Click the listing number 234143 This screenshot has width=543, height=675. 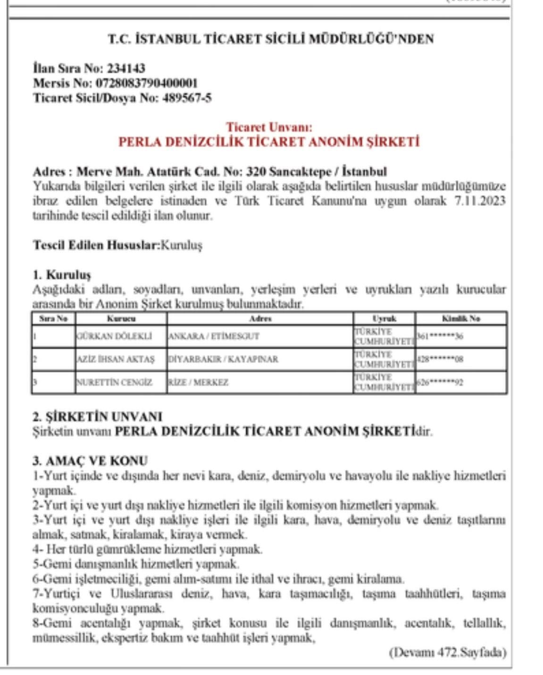pyautogui.click(x=126, y=68)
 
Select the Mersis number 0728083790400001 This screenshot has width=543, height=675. pyautogui.click(x=147, y=83)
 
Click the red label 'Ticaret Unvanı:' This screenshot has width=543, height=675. pyautogui.click(x=269, y=127)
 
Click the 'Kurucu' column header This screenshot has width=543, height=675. pyautogui.click(x=121, y=318)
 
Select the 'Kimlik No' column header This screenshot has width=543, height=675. pyautogui.click(x=461, y=318)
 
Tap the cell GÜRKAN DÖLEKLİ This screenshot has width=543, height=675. pyautogui.click(x=115, y=336)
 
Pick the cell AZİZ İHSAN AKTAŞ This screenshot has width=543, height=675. pyautogui.click(x=116, y=359)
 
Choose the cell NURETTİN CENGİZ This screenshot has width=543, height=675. pyautogui.click(x=115, y=382)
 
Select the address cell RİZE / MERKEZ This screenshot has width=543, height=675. pyautogui.click(x=198, y=382)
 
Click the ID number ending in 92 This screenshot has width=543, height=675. pyautogui.click(x=440, y=382)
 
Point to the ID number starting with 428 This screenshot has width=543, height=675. pyautogui.click(x=440, y=359)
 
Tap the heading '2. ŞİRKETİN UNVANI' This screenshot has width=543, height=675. pyautogui.click(x=97, y=417)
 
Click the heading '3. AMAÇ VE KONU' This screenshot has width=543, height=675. pyautogui.click(x=90, y=460)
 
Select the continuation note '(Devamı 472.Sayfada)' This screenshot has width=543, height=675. pyautogui.click(x=447, y=652)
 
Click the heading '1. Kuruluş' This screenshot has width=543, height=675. pyautogui.click(x=62, y=275)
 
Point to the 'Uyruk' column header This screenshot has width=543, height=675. pyautogui.click(x=384, y=318)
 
